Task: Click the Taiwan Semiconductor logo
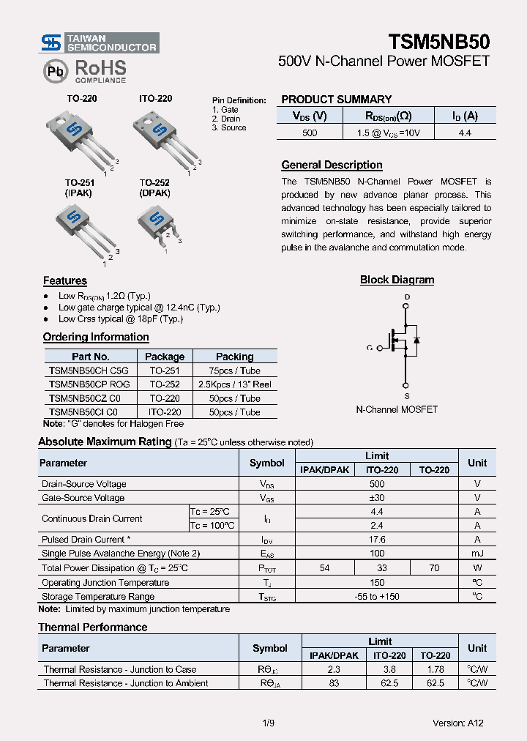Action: click(x=99, y=43)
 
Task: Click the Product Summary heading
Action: click(x=337, y=100)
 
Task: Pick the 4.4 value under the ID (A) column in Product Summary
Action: click(x=465, y=133)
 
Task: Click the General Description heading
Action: click(x=332, y=165)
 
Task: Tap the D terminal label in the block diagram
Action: click(x=407, y=297)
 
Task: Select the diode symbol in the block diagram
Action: click(x=416, y=340)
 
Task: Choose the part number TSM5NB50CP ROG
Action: click(x=89, y=384)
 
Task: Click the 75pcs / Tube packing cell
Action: click(x=234, y=370)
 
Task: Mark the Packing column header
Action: click(x=234, y=357)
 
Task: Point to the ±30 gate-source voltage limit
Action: click(x=377, y=498)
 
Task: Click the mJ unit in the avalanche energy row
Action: click(x=477, y=554)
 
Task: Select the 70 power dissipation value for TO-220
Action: click(x=434, y=568)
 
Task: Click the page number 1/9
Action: click(x=268, y=723)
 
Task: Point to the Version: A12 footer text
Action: click(x=457, y=723)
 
